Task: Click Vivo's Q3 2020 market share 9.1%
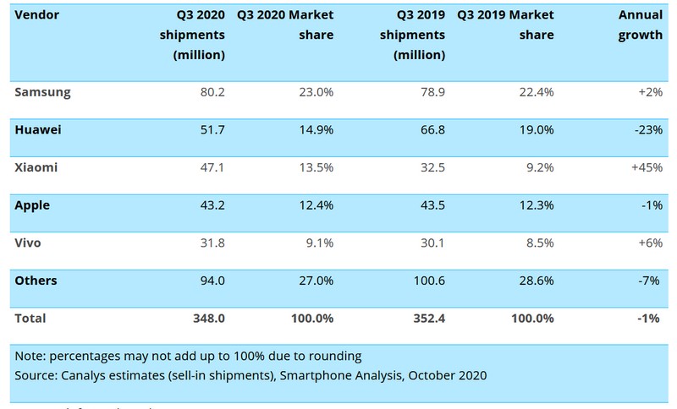pos(317,243)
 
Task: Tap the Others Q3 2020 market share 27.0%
pos(314,281)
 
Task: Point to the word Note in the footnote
pos(31,354)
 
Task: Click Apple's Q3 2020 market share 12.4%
pos(314,204)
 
